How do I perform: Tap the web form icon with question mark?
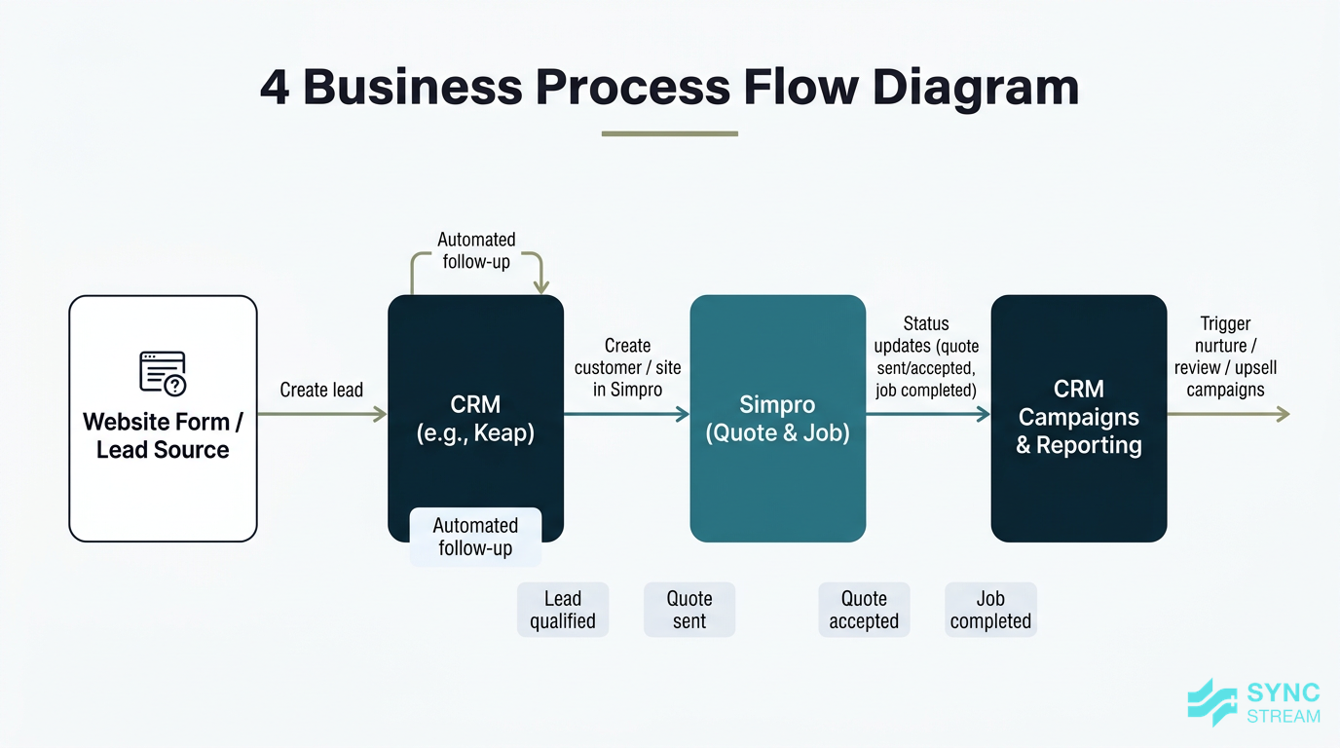163,373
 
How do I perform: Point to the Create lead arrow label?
321,391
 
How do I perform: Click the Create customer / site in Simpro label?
627,367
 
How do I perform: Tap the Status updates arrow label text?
926,356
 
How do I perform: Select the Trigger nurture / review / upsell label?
1225,356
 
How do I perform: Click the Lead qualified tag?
563,611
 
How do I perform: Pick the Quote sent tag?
689,611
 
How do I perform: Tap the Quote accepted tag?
864,611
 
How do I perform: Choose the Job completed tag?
990,611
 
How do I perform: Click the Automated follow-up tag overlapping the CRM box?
475,537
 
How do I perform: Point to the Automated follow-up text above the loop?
476,249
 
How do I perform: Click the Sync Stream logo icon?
1211,702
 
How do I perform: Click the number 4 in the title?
275,87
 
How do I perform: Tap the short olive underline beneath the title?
669,133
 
